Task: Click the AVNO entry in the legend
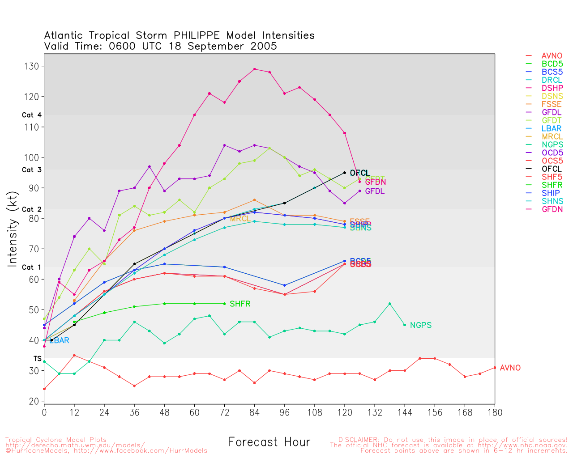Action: click(552, 56)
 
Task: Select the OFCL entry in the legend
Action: click(552, 169)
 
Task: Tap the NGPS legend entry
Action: click(552, 144)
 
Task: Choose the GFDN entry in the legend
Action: click(552, 209)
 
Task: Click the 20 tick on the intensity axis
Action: click(34, 402)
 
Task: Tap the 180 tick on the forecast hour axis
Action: click(495, 412)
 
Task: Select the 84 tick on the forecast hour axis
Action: click(254, 412)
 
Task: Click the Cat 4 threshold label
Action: click(31, 115)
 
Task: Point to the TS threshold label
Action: click(37, 359)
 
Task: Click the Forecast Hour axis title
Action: click(269, 442)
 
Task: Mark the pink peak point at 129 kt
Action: click(254, 69)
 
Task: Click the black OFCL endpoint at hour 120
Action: click(344, 173)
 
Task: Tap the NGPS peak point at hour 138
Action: click(389, 304)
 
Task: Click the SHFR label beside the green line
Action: click(240, 304)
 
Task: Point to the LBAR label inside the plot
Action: click(59, 341)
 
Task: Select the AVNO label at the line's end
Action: click(510, 368)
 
